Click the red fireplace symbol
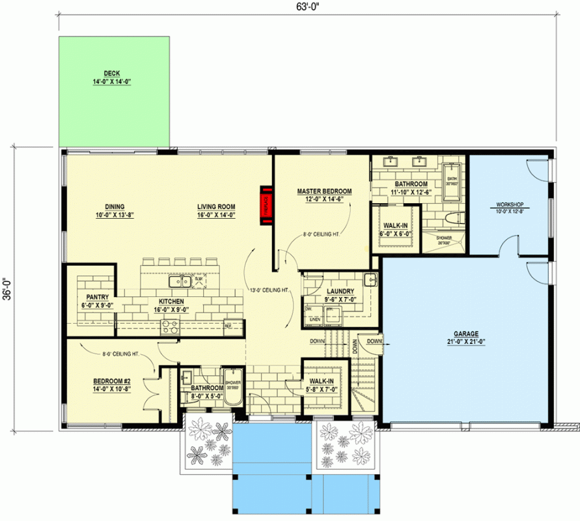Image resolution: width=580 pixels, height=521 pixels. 266,205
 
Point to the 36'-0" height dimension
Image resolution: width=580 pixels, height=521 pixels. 8,286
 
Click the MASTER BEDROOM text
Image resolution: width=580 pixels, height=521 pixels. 324,191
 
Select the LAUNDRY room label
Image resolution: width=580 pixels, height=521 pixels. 340,291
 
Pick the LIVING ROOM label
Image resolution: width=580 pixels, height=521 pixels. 216,208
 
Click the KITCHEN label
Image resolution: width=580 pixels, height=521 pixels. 171,302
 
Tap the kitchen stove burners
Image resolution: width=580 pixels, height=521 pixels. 171,327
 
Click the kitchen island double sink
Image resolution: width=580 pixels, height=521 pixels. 176,281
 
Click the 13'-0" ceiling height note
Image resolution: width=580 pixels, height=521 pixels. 269,290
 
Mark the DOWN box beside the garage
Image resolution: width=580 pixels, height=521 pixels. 374,341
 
